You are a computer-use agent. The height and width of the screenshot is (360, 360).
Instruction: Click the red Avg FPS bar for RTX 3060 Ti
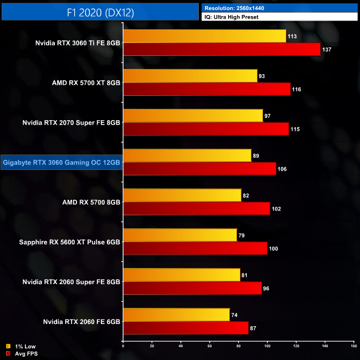coord(222,49)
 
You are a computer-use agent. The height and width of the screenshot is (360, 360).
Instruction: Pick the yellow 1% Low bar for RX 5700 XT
coord(190,76)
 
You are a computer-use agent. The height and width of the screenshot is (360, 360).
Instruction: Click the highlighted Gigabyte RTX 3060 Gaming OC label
coord(61,162)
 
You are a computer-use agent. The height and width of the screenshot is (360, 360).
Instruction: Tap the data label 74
coord(235,315)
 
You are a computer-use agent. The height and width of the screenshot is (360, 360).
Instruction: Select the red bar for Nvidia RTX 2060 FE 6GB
coord(186,328)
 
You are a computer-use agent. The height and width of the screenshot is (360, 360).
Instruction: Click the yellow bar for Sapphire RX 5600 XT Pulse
coord(180,235)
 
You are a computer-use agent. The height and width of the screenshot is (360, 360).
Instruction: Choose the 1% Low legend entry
coord(23,347)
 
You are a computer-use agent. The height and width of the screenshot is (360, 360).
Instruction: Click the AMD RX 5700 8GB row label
coord(92,202)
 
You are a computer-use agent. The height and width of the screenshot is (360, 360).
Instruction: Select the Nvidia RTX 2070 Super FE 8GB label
coord(71,122)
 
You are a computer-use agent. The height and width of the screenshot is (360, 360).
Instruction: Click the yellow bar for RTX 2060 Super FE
coord(181,275)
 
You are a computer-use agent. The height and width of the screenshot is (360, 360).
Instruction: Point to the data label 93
coord(264,76)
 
